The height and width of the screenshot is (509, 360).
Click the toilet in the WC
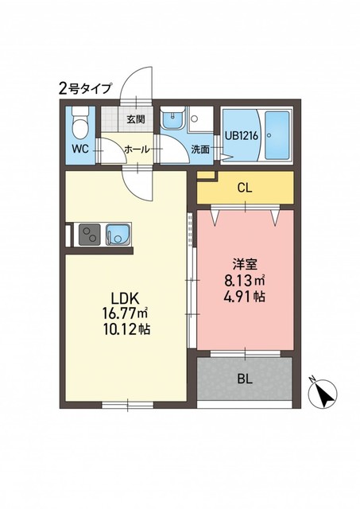[x=79, y=122]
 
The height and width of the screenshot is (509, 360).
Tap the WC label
[x=80, y=149]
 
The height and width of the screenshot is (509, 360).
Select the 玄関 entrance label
[x=136, y=119]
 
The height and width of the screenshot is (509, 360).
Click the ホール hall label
[x=137, y=150]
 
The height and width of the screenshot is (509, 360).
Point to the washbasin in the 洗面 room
[x=173, y=118]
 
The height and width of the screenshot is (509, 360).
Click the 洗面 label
[x=199, y=150]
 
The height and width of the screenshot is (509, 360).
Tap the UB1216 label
[x=242, y=136]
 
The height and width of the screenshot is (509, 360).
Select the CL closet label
[x=245, y=188]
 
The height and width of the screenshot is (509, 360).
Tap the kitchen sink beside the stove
[x=118, y=235]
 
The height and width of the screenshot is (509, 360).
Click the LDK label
[x=126, y=297]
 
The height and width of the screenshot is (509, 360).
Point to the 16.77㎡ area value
[x=126, y=313]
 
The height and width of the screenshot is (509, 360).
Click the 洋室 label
[x=245, y=264]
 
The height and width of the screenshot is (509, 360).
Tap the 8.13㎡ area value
[x=245, y=280]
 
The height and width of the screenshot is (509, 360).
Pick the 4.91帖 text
[x=245, y=297]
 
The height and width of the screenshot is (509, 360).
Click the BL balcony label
[x=245, y=379]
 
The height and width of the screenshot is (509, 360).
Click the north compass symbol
[x=322, y=392]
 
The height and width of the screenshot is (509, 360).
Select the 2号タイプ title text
[x=85, y=88]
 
